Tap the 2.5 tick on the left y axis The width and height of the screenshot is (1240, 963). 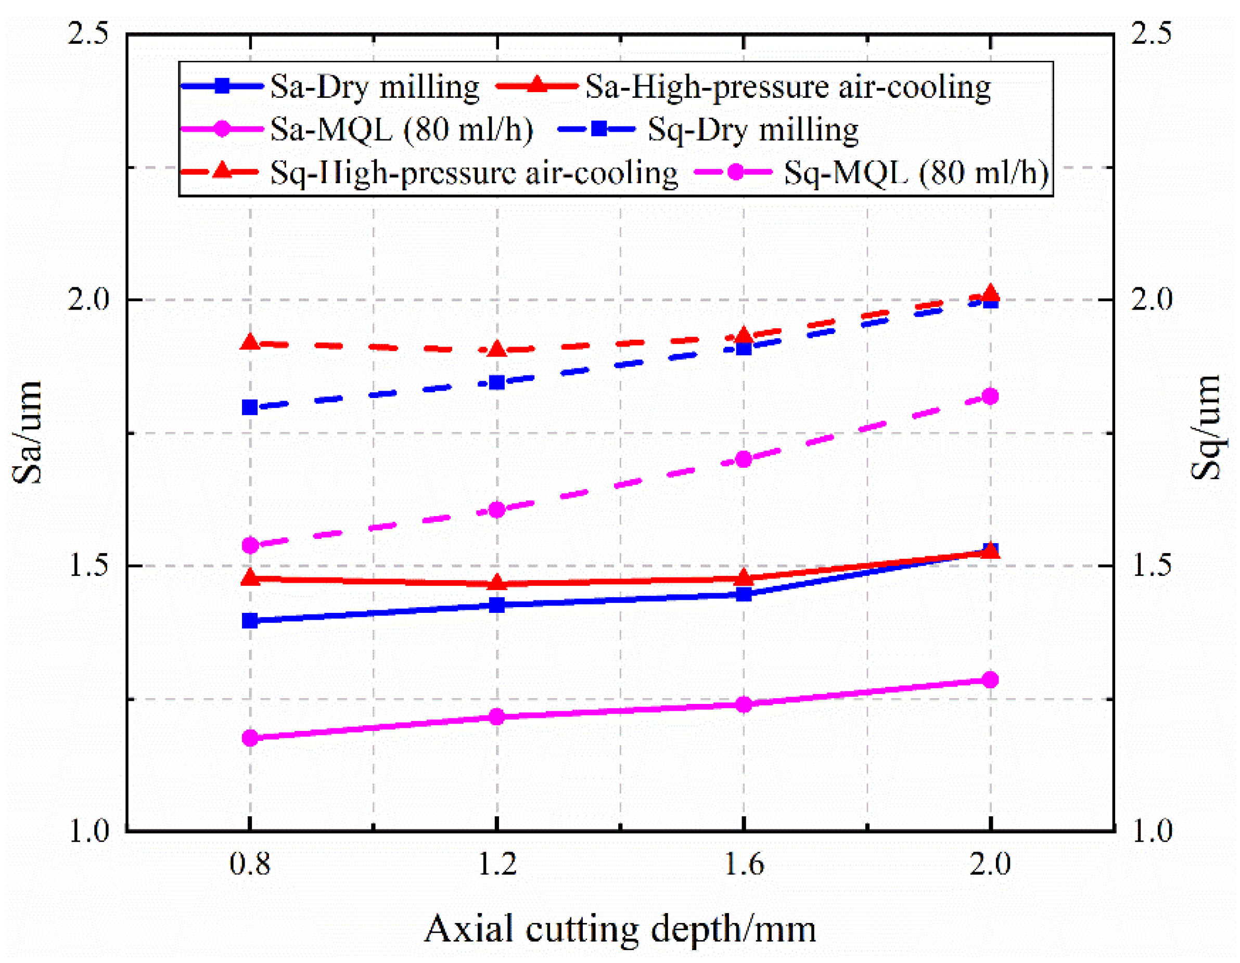[88, 34]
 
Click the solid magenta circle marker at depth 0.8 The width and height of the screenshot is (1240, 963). [250, 738]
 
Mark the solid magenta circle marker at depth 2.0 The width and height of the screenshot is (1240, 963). [990, 679]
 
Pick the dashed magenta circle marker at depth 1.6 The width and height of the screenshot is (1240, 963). [744, 459]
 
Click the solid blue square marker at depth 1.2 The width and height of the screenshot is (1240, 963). [497, 605]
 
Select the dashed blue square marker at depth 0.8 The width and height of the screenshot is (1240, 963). [250, 407]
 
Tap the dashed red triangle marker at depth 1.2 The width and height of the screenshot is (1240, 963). [497, 349]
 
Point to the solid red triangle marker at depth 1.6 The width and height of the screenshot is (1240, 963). [744, 578]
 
